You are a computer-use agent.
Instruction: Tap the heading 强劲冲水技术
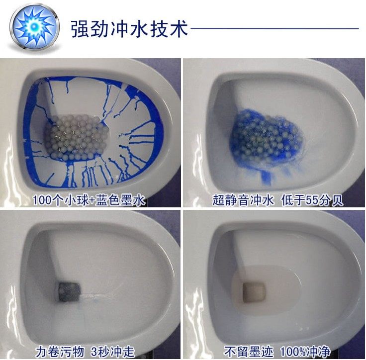[x=130, y=29]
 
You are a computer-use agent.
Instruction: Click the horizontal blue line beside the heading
[x=274, y=28]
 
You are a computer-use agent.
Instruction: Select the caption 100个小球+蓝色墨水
[x=89, y=200]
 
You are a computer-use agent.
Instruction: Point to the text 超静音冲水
[x=243, y=200]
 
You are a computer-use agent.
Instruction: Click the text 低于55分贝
[x=312, y=200]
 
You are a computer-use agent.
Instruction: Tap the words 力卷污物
[x=60, y=352]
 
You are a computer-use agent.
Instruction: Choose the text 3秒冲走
[x=113, y=352]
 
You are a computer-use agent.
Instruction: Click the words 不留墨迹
[x=248, y=352]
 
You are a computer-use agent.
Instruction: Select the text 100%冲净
[x=305, y=352]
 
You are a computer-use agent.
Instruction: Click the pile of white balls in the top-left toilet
[x=77, y=137]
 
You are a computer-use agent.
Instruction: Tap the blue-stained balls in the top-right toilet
[x=266, y=138]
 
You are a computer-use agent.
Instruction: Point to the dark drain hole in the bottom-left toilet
[x=69, y=291]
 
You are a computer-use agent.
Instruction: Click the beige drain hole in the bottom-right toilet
[x=254, y=293]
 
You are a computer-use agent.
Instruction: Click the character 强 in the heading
[x=80, y=29]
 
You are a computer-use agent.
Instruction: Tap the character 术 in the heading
[x=179, y=29]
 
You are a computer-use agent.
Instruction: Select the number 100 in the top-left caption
[x=41, y=200]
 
